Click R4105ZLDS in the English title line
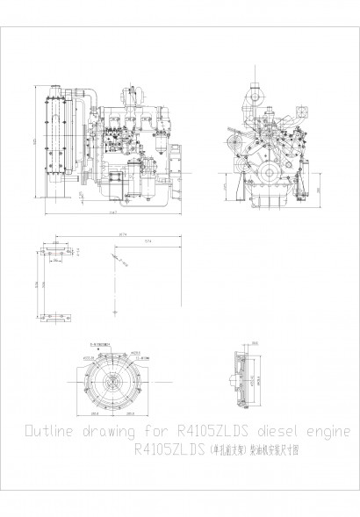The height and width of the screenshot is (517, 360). tap(213, 433)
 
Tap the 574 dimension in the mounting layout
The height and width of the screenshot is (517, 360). tap(146, 243)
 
